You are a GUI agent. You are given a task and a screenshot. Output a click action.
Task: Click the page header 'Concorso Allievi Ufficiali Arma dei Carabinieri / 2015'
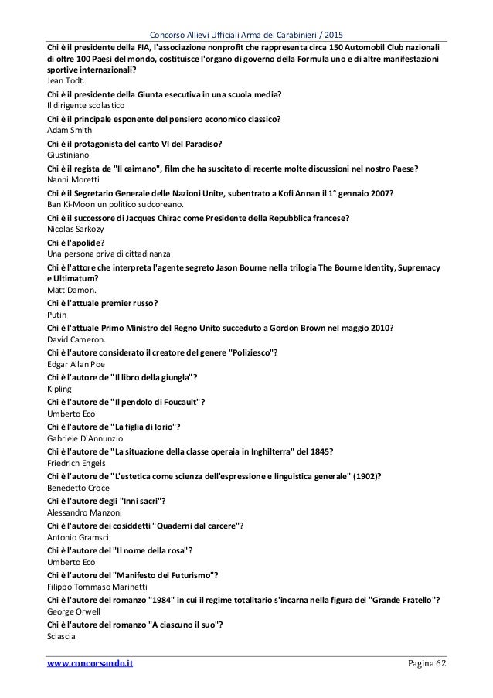(246, 12)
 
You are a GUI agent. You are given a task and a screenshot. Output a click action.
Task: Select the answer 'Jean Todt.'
(66, 80)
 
